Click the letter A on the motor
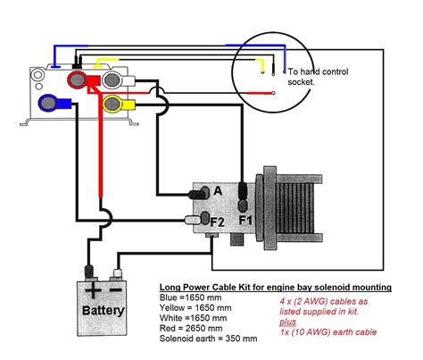click(218, 191)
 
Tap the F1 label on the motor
click(245, 221)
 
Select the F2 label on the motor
click(217, 222)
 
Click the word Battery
click(103, 311)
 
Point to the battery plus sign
click(93, 290)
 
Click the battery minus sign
click(115, 289)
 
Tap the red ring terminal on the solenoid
click(77, 80)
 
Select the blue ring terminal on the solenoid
click(48, 103)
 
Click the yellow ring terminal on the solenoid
click(113, 104)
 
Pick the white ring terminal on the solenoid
click(112, 80)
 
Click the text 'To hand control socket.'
click(318, 77)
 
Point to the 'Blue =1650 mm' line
click(190, 297)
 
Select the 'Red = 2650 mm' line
click(191, 329)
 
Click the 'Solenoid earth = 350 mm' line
click(208, 339)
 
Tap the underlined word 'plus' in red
click(287, 322)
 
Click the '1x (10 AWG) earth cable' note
click(328, 332)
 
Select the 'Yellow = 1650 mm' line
click(195, 308)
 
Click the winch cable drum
click(293, 208)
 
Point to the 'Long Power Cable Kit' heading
click(275, 288)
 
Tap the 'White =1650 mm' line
click(193, 318)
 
